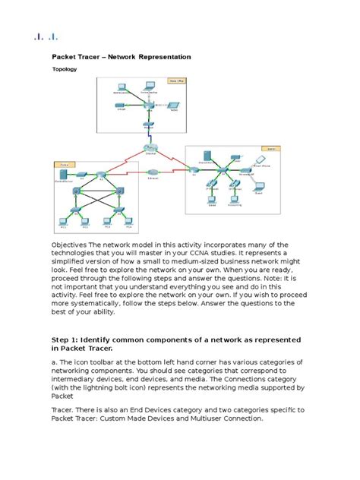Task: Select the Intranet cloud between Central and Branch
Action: pos(153,174)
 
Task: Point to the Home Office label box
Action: pos(179,77)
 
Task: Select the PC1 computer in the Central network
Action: pos(65,223)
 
